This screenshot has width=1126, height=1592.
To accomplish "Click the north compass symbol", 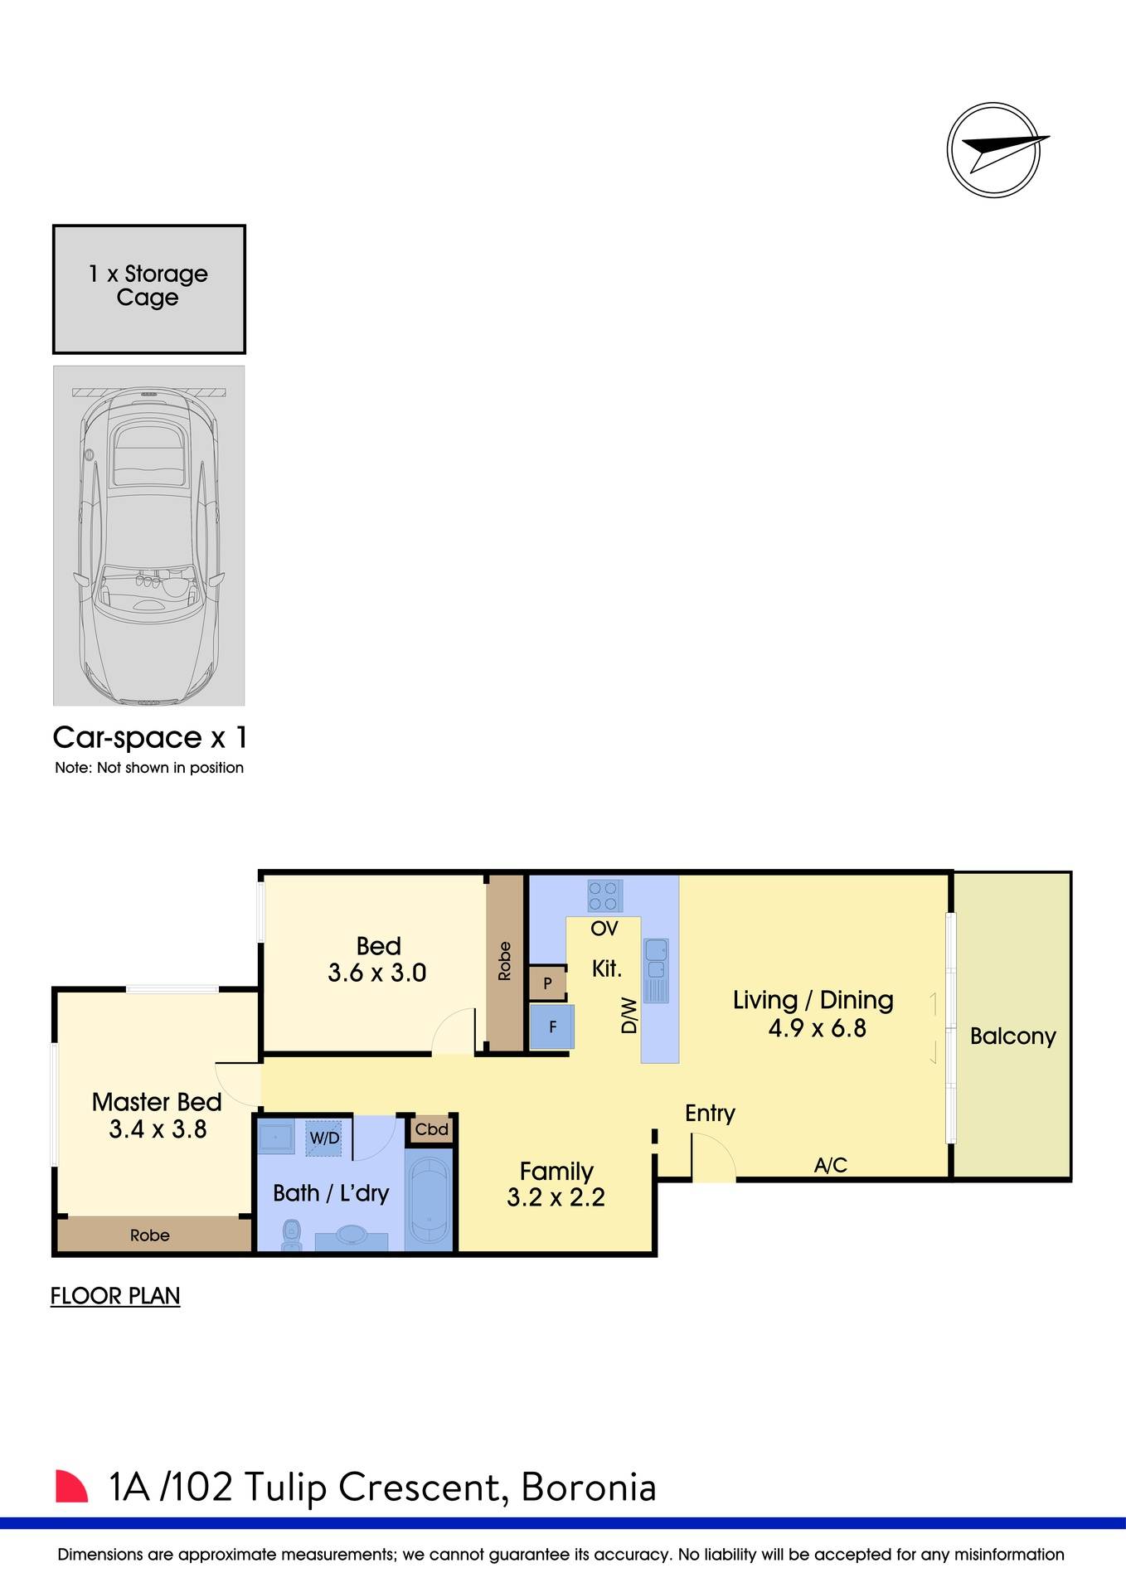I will point(993,150).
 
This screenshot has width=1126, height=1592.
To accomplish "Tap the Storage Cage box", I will point(149,289).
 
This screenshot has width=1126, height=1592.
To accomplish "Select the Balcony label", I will point(1012,1036).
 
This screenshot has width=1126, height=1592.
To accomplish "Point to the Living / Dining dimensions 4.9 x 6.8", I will point(817,1029).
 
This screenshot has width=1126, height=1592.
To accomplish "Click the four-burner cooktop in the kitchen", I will point(603,895).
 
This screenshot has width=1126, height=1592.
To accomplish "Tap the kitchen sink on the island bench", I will point(656,959).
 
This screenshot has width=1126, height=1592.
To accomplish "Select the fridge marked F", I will point(551,1027).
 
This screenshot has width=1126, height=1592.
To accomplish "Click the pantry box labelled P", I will point(547,983).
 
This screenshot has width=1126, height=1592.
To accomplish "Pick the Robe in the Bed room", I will point(504,962).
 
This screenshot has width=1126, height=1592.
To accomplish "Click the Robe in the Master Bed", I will point(150,1235).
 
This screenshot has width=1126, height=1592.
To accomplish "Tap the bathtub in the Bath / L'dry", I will point(429,1198).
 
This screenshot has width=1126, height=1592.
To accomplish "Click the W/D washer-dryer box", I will point(324,1138).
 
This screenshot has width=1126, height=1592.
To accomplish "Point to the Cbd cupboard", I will point(431,1129).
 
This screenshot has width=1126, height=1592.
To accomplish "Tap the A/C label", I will point(830,1165).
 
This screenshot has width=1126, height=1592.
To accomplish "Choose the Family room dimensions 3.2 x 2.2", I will point(556,1197).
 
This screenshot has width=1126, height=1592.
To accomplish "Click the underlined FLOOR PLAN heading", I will point(115,1296).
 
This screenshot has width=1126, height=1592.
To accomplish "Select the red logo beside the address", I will point(71,1487).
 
